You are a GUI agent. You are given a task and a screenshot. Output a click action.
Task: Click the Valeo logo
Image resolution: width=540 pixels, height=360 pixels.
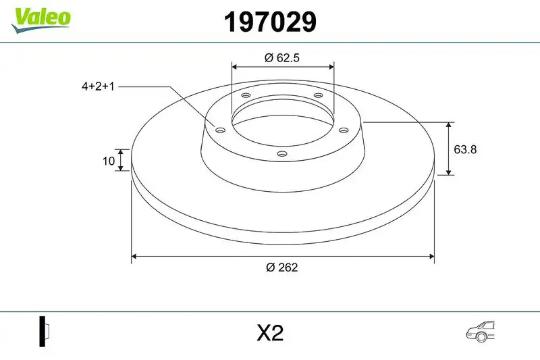click(40, 20)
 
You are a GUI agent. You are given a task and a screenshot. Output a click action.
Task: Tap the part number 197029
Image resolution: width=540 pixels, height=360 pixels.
click(270, 22)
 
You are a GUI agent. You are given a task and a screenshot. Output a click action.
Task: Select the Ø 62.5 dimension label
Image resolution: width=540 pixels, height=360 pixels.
click(282, 57)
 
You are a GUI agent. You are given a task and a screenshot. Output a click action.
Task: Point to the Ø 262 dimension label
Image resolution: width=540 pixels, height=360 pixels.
click(281, 267)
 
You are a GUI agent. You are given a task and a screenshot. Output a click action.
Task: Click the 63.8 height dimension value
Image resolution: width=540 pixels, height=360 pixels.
click(465, 149)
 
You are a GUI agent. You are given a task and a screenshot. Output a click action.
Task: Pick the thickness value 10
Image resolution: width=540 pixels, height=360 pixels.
click(109, 161)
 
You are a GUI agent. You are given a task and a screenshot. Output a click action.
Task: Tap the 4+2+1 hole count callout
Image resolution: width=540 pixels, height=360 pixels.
click(98, 86)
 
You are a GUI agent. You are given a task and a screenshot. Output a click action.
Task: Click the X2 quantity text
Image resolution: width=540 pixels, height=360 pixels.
click(270, 333)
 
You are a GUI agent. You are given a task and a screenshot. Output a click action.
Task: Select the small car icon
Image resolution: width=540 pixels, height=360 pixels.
click(480, 332)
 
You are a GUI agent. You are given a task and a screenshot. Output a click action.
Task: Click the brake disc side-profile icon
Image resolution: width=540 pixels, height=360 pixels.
click(44, 332)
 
